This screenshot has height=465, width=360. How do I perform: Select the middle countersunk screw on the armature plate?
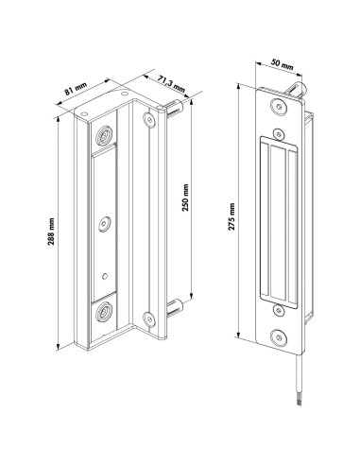point(106,224)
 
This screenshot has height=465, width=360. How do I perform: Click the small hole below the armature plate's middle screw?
point(105,277)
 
